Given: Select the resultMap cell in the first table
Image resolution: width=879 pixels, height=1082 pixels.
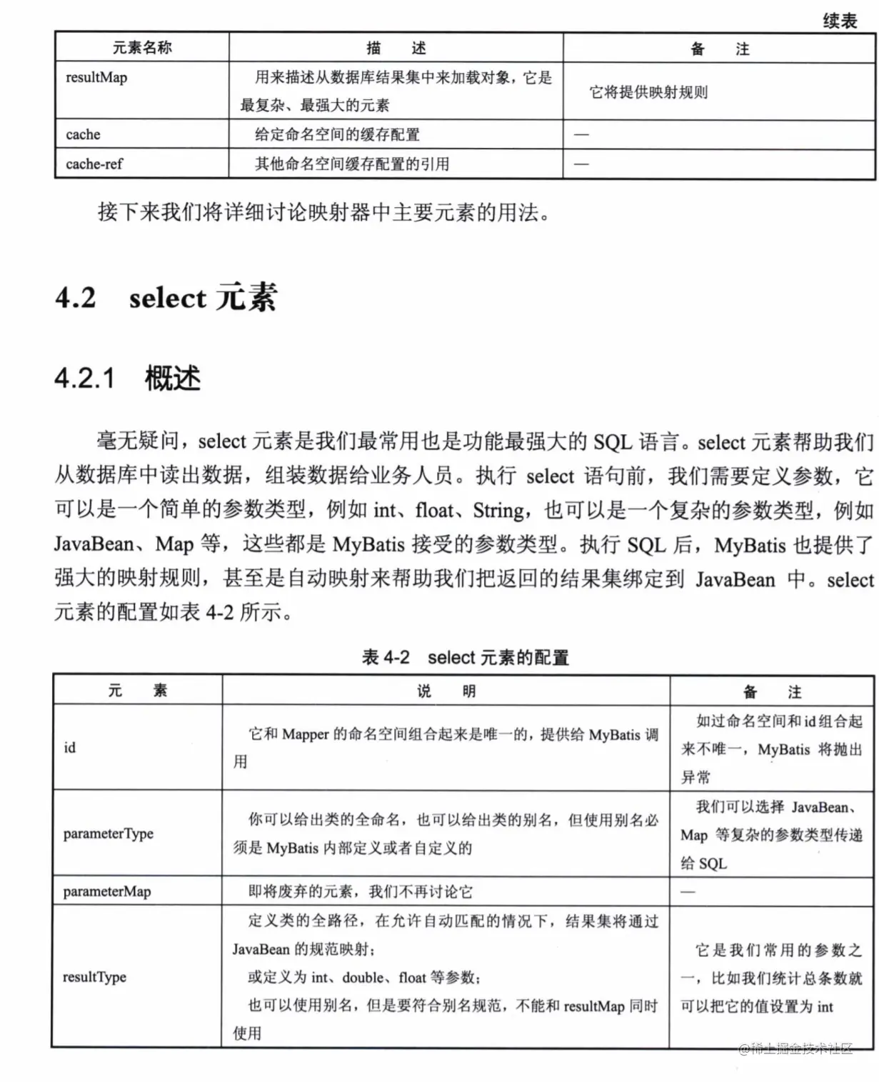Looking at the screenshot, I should click(x=96, y=78).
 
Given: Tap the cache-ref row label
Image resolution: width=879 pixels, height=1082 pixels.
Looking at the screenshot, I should click(x=94, y=164).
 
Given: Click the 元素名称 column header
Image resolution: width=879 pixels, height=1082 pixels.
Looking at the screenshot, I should click(x=142, y=48).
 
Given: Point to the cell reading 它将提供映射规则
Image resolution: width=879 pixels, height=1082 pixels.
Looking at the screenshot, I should click(x=648, y=92).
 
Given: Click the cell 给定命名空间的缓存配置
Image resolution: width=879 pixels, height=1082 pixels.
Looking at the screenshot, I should click(x=337, y=134).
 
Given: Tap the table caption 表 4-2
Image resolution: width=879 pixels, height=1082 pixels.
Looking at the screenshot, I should click(x=386, y=657).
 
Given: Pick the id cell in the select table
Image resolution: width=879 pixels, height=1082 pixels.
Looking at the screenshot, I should click(x=69, y=748).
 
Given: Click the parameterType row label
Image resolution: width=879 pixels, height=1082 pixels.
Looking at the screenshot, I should click(x=109, y=833).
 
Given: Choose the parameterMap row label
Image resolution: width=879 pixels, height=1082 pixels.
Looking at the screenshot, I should click(x=107, y=891).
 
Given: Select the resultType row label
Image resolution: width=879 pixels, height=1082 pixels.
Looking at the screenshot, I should click(x=94, y=977).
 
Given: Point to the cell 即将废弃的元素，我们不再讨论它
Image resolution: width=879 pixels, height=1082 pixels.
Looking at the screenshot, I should click(x=360, y=891).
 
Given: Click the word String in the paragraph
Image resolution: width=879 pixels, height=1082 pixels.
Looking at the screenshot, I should click(x=498, y=511).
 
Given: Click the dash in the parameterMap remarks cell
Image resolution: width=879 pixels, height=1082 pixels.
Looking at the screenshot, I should click(x=688, y=891).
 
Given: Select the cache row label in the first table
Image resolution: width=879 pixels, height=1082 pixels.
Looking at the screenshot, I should click(x=83, y=134).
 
